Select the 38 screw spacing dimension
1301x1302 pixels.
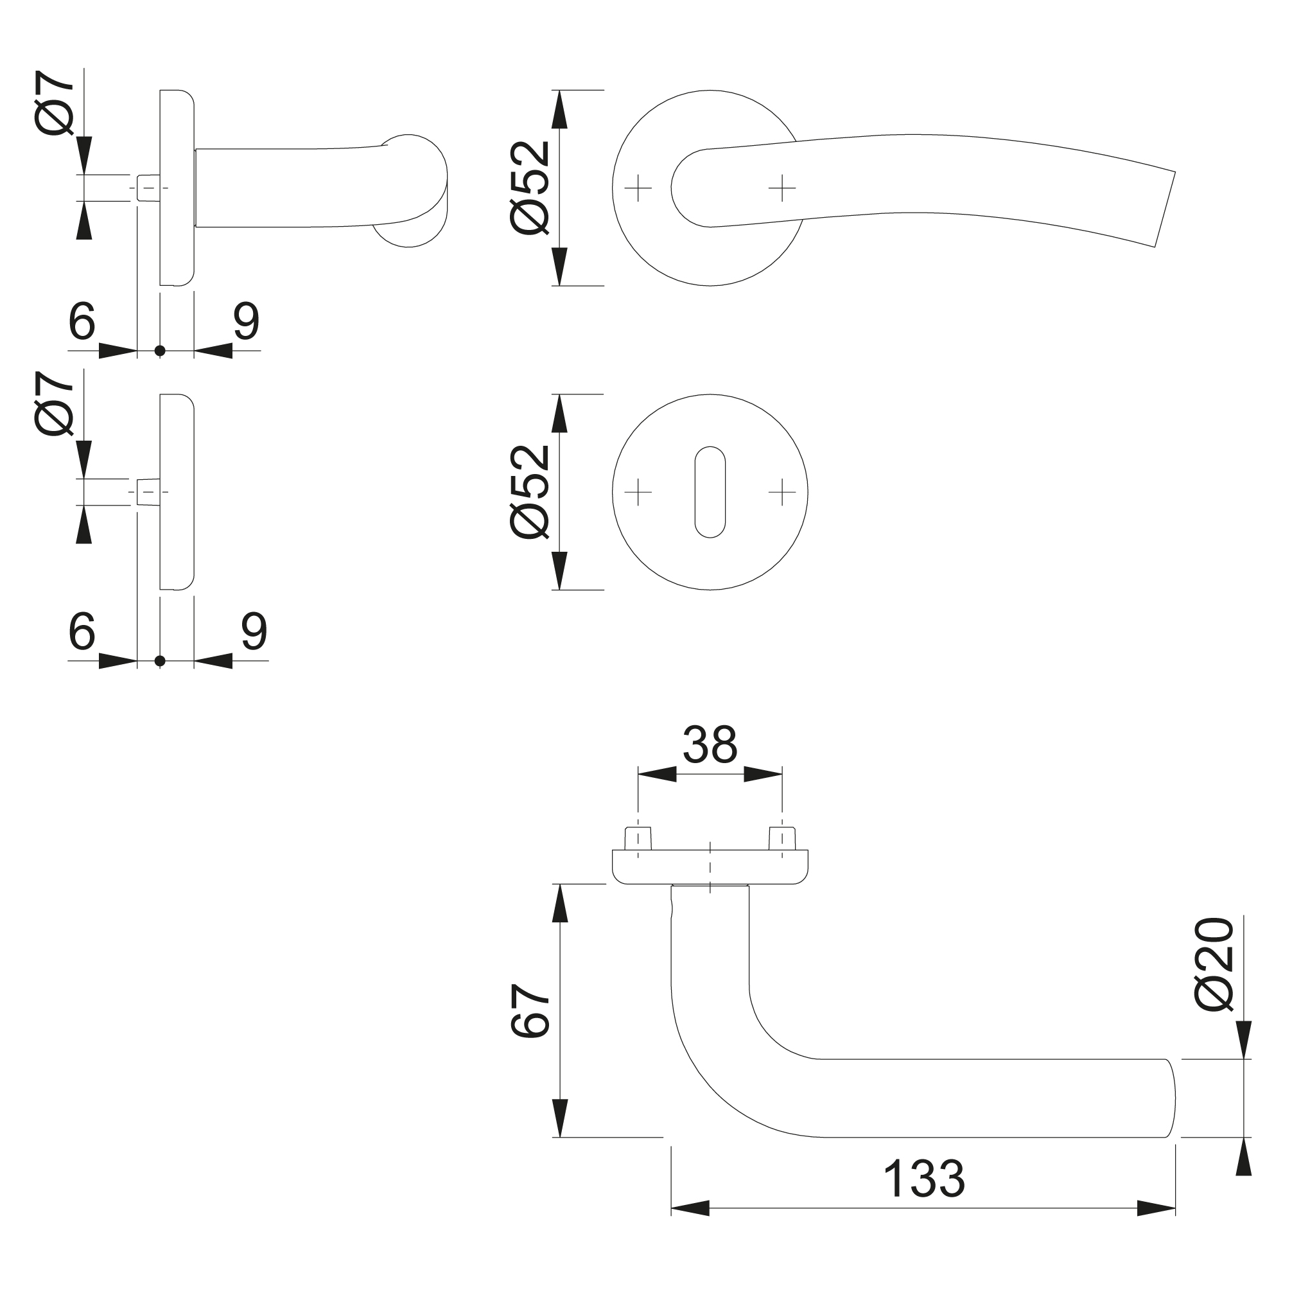[x=710, y=745]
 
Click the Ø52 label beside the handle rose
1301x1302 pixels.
[x=531, y=188]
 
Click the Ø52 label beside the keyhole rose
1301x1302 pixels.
[x=531, y=491]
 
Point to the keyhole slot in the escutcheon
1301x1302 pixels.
[x=710, y=491]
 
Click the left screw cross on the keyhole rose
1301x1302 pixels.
[x=638, y=492]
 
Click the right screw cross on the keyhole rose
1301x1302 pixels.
[x=781, y=492]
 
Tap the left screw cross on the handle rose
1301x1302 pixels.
[x=638, y=188]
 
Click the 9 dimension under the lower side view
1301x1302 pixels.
[x=254, y=631]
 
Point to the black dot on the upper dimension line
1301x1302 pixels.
[x=160, y=351]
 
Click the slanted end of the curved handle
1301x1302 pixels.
[x=1165, y=209]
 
